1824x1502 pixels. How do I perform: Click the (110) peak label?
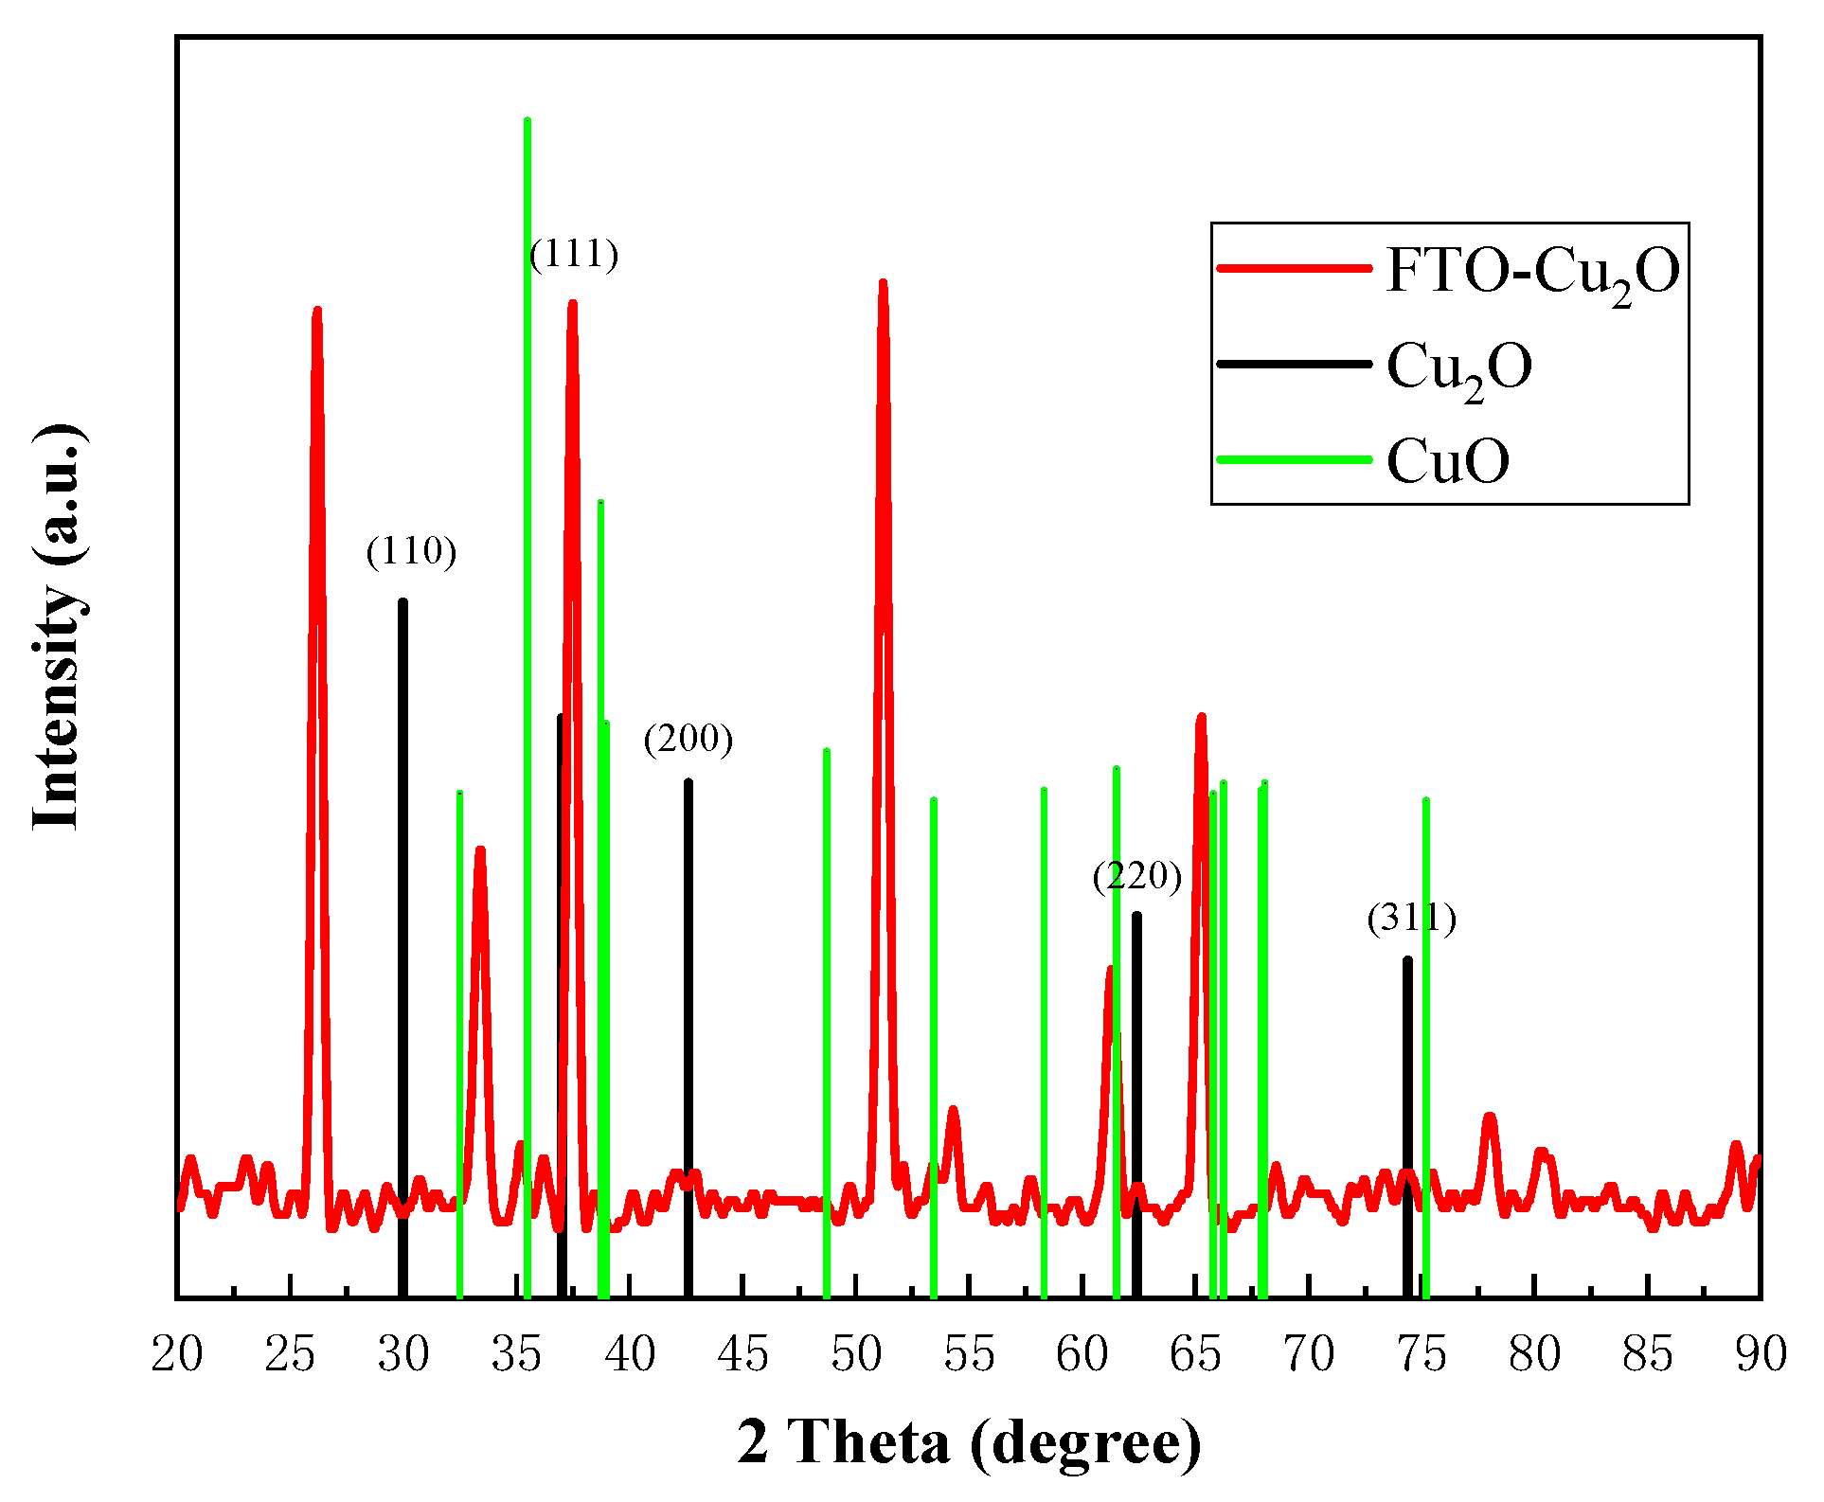pos(411,550)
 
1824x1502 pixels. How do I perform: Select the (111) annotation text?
pos(574,253)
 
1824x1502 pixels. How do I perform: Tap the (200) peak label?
pos(688,738)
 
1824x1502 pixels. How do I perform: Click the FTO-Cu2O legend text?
pos(1532,271)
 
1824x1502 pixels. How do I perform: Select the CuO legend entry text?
pos(1448,461)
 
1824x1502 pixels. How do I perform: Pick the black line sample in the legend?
pos(1294,364)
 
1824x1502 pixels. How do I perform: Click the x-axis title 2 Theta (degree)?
pos(969,1442)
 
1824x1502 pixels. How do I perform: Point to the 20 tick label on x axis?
pos(177,1353)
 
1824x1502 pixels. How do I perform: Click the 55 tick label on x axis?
pos(969,1353)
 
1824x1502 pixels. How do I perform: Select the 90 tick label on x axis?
pos(1761,1353)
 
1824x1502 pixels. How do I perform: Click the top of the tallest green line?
pos(528,120)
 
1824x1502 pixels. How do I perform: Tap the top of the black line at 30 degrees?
pos(402,601)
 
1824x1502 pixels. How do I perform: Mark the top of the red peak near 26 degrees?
pos(317,310)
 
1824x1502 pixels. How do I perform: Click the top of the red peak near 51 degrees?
pos(883,282)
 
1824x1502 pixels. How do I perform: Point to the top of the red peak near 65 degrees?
pos(1201,717)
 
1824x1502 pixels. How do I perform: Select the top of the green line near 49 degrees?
pos(827,751)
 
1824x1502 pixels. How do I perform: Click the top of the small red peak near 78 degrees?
pos(1490,1117)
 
